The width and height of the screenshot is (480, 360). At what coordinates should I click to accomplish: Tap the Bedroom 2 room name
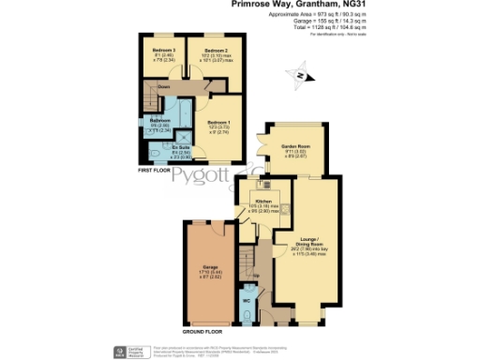click(215, 48)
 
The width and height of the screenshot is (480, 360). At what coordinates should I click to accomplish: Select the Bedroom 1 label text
click(217, 122)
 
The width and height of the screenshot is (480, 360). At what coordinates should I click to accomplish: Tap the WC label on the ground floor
click(246, 300)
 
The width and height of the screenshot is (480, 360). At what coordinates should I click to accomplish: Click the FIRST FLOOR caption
click(156, 171)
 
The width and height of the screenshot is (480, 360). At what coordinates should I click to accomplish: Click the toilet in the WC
click(246, 309)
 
